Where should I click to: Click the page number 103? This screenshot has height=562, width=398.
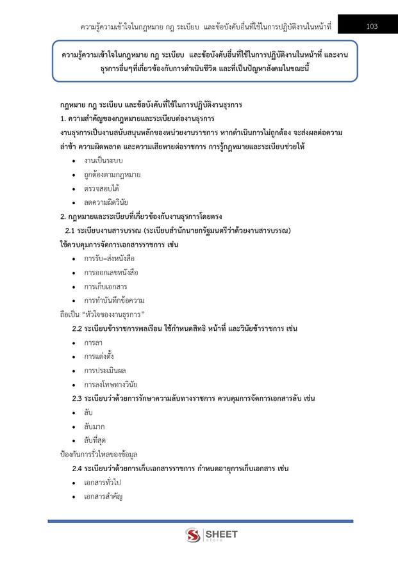372,26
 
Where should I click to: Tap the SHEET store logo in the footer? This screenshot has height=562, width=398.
211,534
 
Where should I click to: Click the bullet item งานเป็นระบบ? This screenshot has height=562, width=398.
103,160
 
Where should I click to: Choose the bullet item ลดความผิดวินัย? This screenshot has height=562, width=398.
106,202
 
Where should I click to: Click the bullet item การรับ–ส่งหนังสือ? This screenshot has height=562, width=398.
109,259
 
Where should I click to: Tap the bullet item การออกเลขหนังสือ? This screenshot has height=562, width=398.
111,273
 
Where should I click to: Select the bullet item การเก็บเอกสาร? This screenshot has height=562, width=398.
105,287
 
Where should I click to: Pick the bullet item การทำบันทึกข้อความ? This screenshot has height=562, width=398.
113,300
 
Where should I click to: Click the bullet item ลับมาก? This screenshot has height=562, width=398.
94,426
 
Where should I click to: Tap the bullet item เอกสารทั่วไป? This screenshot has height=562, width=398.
105,483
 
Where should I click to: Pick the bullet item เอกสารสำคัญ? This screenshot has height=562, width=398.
103,497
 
